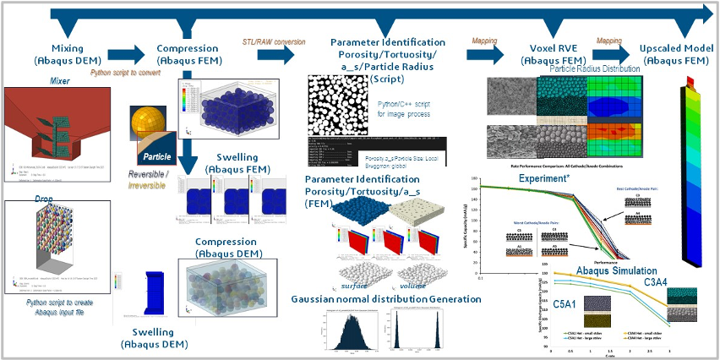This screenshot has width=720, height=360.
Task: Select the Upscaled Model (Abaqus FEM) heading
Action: [673, 54]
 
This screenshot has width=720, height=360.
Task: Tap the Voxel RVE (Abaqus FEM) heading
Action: [541, 54]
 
